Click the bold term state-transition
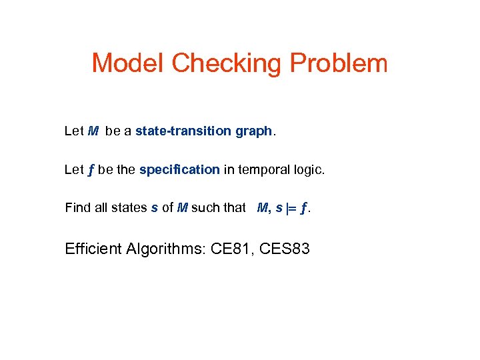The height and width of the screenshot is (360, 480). point(183,131)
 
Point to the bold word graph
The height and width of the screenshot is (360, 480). point(253,131)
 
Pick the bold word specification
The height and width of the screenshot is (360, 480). point(179,169)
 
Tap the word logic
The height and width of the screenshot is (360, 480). point(308,169)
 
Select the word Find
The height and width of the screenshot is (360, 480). point(77,207)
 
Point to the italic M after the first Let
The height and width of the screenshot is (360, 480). point(94,131)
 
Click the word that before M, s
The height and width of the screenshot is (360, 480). point(234,207)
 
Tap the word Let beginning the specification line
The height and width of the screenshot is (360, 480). point(74,169)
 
